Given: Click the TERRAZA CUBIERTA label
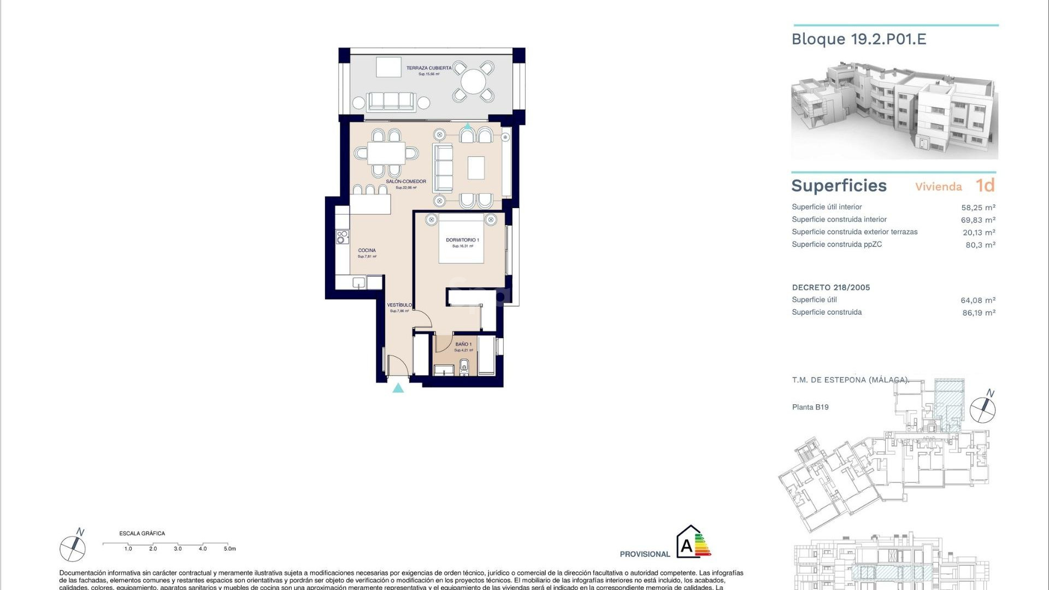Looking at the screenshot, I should pyautogui.click(x=429, y=68).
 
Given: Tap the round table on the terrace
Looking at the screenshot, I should pyautogui.click(x=473, y=82).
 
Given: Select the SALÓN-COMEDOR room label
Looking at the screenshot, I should pyautogui.click(x=406, y=181).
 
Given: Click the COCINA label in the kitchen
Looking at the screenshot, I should pyautogui.click(x=367, y=250).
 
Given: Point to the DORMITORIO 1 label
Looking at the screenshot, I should pyautogui.click(x=462, y=240).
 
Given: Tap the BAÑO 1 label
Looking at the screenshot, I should pyautogui.click(x=463, y=344).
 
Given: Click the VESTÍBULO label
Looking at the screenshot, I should pyautogui.click(x=399, y=305).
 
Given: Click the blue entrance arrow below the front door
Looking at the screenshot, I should pyautogui.click(x=398, y=388).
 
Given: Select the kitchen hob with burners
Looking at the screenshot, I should pyautogui.click(x=343, y=237).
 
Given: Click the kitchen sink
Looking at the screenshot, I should pyautogui.click(x=358, y=282).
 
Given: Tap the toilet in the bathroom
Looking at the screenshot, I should pyautogui.click(x=464, y=366).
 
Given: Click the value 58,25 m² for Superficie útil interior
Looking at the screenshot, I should pyautogui.click(x=978, y=208).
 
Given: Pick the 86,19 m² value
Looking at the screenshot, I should pyautogui.click(x=979, y=313).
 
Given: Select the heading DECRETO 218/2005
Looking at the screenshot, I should pyautogui.click(x=831, y=287).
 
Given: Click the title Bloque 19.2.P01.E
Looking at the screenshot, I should pyautogui.click(x=859, y=39).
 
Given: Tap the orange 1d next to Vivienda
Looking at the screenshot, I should pyautogui.click(x=985, y=186).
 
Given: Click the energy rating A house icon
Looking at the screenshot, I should pyautogui.click(x=689, y=542).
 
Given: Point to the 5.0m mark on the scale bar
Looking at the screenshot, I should pyautogui.click(x=229, y=548).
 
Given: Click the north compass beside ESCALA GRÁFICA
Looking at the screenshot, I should pyautogui.click(x=73, y=548).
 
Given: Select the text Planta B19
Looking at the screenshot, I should pyautogui.click(x=810, y=407).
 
